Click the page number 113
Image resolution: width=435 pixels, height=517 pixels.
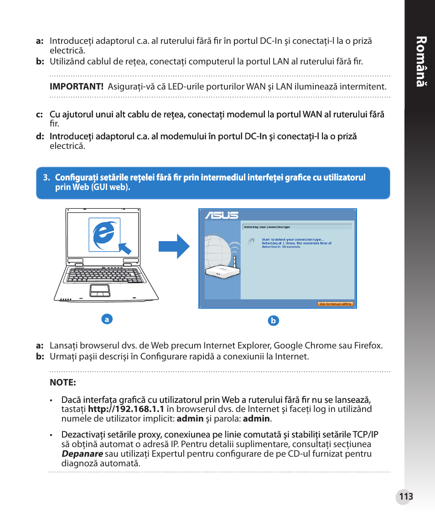pyautogui.click(x=405, y=497)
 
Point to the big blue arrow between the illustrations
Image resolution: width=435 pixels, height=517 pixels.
pyautogui.click(x=174, y=247)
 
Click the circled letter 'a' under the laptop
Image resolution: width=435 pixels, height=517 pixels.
pyautogui.click(x=107, y=319)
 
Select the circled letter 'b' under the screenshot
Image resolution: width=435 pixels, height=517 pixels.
pyautogui.click(x=273, y=321)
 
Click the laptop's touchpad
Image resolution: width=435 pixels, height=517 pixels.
pyautogui.click(x=99, y=289)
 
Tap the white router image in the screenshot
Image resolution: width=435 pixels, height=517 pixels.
pyautogui.click(x=222, y=271)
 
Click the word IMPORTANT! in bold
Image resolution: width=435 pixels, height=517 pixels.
pyautogui.click(x=76, y=86)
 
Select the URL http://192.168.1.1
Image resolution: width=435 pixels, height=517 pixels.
pyautogui.click(x=126, y=409)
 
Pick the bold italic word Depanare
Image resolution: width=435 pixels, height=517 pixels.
pyautogui.click(x=82, y=454)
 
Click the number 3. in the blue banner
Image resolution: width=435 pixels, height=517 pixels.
pyautogui.click(x=46, y=178)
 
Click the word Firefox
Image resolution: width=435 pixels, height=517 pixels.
pyautogui.click(x=368, y=346)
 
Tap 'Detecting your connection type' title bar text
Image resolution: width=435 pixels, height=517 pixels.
pyautogui.click(x=267, y=227)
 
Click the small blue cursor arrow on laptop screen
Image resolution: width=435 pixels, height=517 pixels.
pyautogui.click(x=124, y=248)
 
